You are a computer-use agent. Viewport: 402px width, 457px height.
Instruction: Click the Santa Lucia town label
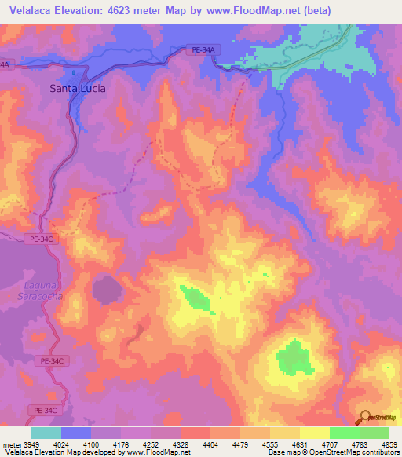click(x=77, y=89)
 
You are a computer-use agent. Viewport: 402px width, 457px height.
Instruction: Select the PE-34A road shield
click(x=203, y=49)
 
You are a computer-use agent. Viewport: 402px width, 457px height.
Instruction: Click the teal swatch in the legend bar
click(x=46, y=433)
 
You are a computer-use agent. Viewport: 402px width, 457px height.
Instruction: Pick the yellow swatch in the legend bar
click(x=315, y=433)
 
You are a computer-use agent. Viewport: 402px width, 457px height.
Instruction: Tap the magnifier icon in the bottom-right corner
click(x=364, y=417)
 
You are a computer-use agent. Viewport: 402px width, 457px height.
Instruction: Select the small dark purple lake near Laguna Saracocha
click(x=107, y=289)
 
